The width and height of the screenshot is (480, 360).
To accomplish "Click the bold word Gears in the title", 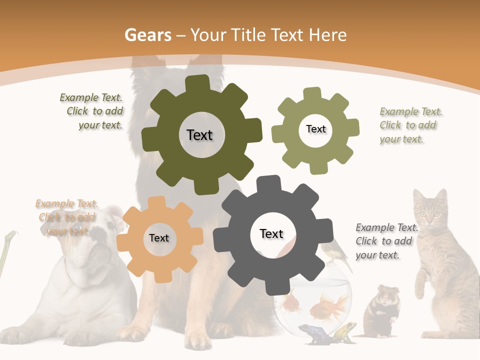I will coord(148,35).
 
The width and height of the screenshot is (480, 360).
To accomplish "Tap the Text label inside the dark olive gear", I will coord(199,135).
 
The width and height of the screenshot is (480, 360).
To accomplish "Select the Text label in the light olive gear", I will coord(315,129).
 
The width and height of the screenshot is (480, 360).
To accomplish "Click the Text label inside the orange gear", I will coord(158,238).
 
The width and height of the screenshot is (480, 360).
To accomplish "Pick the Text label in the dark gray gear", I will coord(271,233).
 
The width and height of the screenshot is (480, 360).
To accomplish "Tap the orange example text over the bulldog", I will coord(66,217).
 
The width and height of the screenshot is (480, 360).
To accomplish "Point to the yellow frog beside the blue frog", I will coord(344,331).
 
